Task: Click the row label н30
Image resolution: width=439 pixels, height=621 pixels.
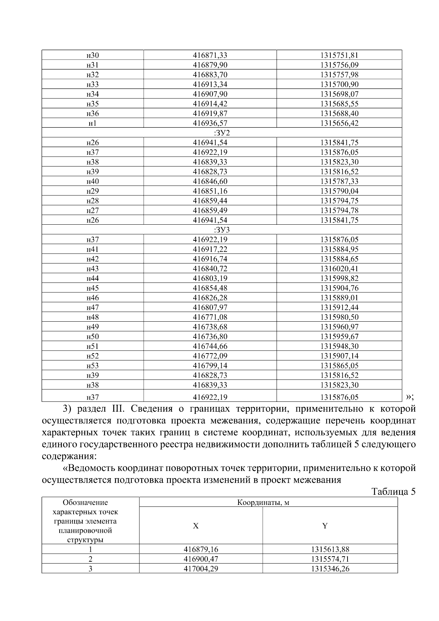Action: [93, 55]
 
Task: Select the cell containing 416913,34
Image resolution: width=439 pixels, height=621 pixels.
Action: [210, 85]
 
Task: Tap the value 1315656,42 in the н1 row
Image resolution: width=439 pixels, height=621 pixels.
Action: [339, 123]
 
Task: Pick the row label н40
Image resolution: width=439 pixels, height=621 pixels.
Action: [93, 182]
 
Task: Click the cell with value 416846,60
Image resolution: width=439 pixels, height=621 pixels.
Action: [210, 182]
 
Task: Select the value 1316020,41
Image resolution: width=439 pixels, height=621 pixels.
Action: [339, 269]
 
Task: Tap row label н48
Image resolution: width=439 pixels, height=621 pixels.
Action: [93, 317]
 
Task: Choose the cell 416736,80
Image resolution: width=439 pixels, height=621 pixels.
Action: [210, 337]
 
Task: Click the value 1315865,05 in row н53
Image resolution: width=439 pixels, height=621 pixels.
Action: [339, 366]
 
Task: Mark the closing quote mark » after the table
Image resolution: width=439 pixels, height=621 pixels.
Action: [408, 397]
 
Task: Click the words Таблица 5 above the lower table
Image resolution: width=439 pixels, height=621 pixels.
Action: [394, 491]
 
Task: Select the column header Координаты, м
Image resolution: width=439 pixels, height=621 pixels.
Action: [263, 502]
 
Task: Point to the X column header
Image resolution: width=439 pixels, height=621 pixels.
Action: [196, 526]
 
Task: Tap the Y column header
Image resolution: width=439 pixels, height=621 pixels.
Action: [324, 526]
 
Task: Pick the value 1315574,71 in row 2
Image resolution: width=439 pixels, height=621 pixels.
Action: [330, 559]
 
